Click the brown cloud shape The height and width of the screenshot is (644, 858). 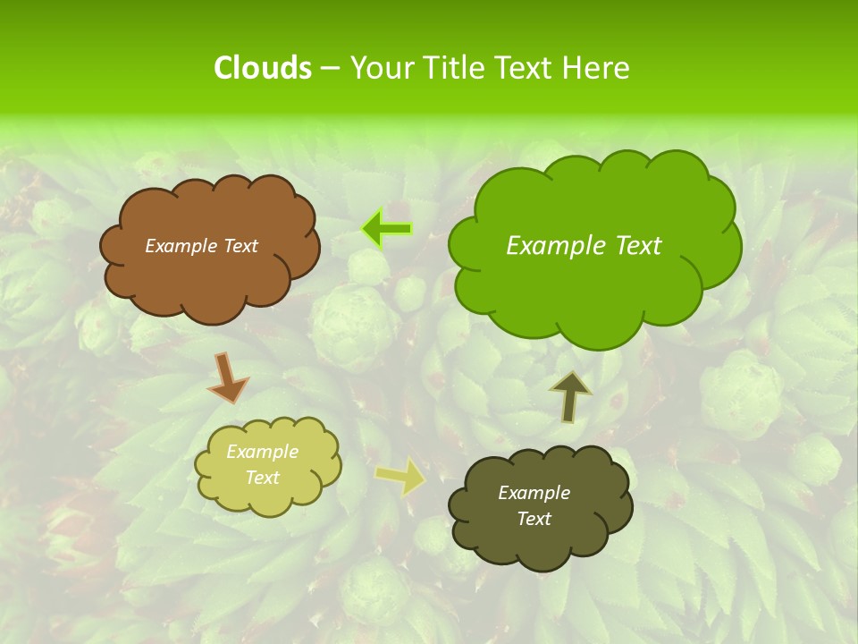(x=209, y=277)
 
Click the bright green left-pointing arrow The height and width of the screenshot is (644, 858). (x=386, y=229)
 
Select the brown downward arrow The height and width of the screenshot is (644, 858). (x=227, y=377)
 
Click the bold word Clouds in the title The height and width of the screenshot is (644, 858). (x=262, y=68)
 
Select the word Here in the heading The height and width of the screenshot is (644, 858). (x=597, y=68)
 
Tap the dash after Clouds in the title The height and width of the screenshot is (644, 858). (x=329, y=68)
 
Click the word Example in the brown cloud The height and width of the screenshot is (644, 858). (x=179, y=246)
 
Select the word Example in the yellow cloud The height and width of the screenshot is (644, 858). (x=262, y=452)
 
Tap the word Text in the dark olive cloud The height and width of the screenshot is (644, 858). (x=534, y=519)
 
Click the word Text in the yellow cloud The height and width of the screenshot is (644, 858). (x=262, y=478)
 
